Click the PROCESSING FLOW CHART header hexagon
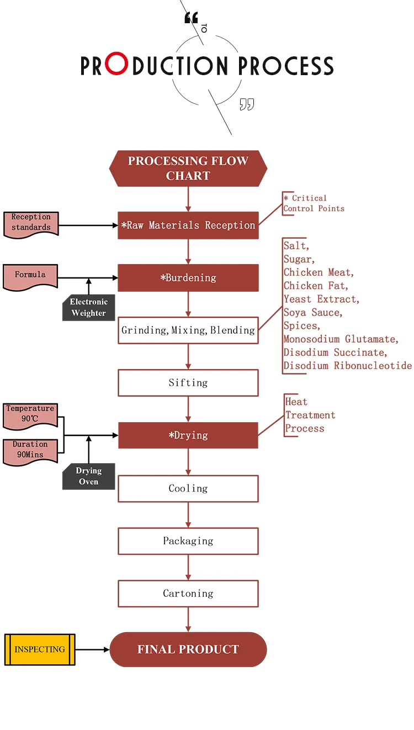click(188, 168)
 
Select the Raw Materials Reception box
click(188, 225)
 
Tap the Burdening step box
click(188, 277)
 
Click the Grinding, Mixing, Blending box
click(188, 330)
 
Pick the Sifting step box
click(188, 382)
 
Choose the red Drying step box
click(188, 435)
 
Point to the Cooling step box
click(188, 489)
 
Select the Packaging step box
click(188, 541)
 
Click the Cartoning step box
click(188, 594)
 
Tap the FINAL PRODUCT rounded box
click(188, 649)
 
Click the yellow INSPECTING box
click(40, 649)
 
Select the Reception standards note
click(31, 223)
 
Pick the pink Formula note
click(30, 276)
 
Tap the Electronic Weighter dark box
click(88, 308)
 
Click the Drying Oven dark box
click(88, 476)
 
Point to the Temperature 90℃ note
click(30, 414)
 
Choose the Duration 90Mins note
click(30, 450)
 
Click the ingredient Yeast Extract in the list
click(321, 299)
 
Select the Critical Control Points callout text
click(314, 203)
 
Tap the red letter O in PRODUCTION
click(116, 65)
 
